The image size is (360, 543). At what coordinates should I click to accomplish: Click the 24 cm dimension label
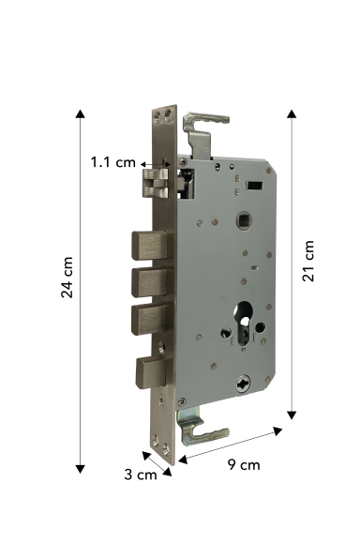click(x=67, y=278)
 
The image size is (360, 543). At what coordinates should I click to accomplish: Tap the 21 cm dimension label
click(x=308, y=261)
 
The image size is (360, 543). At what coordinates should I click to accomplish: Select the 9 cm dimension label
click(x=244, y=465)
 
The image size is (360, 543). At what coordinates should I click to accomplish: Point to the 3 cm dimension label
click(x=141, y=475)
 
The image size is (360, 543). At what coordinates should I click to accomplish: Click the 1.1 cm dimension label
click(x=113, y=162)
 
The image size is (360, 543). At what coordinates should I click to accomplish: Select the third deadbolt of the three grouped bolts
click(x=151, y=319)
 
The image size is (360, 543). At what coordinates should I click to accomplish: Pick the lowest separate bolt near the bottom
click(x=152, y=372)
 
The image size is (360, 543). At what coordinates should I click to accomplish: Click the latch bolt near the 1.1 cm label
click(x=155, y=184)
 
